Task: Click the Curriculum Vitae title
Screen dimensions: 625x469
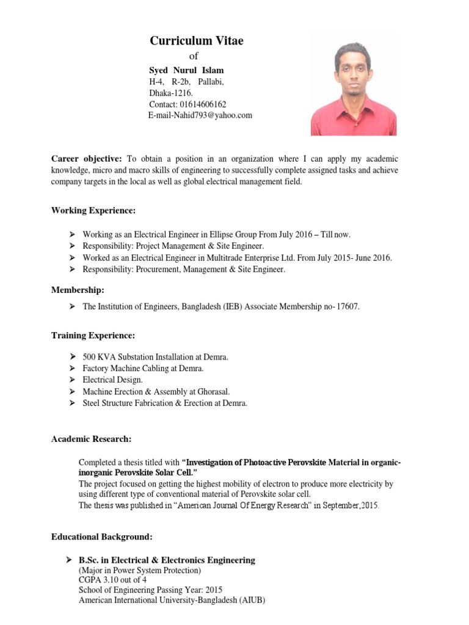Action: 197,41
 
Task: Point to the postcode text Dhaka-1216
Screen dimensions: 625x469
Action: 171,93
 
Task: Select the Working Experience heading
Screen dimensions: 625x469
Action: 93,211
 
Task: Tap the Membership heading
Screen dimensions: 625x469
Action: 78,290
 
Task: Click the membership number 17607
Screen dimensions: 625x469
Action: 348,307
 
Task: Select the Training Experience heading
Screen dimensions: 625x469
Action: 93,336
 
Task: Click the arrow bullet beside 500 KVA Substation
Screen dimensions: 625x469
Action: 71,356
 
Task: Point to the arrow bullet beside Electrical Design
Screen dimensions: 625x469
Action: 71,380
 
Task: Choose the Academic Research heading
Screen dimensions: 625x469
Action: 91,439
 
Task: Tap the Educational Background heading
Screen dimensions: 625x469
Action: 101,537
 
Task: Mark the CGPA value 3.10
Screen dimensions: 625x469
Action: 107,579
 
